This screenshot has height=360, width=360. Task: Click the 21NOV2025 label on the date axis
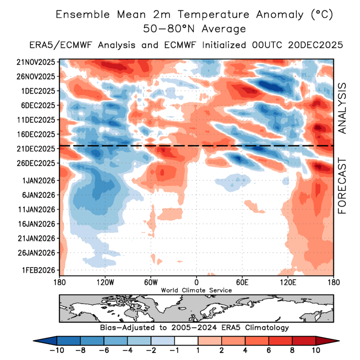36,62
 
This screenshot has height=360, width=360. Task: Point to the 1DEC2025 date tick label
37,91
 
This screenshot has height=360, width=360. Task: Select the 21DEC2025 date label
36,149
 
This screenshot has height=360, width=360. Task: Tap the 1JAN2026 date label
37,180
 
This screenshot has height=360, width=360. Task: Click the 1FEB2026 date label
37,270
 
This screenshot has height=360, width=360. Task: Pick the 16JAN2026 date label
36,224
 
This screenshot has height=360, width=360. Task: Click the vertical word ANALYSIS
342,109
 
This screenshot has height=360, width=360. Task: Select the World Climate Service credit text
196,290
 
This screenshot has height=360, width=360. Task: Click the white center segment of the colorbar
187,341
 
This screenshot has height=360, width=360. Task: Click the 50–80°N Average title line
195,29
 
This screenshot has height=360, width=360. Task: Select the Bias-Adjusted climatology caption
194,327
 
